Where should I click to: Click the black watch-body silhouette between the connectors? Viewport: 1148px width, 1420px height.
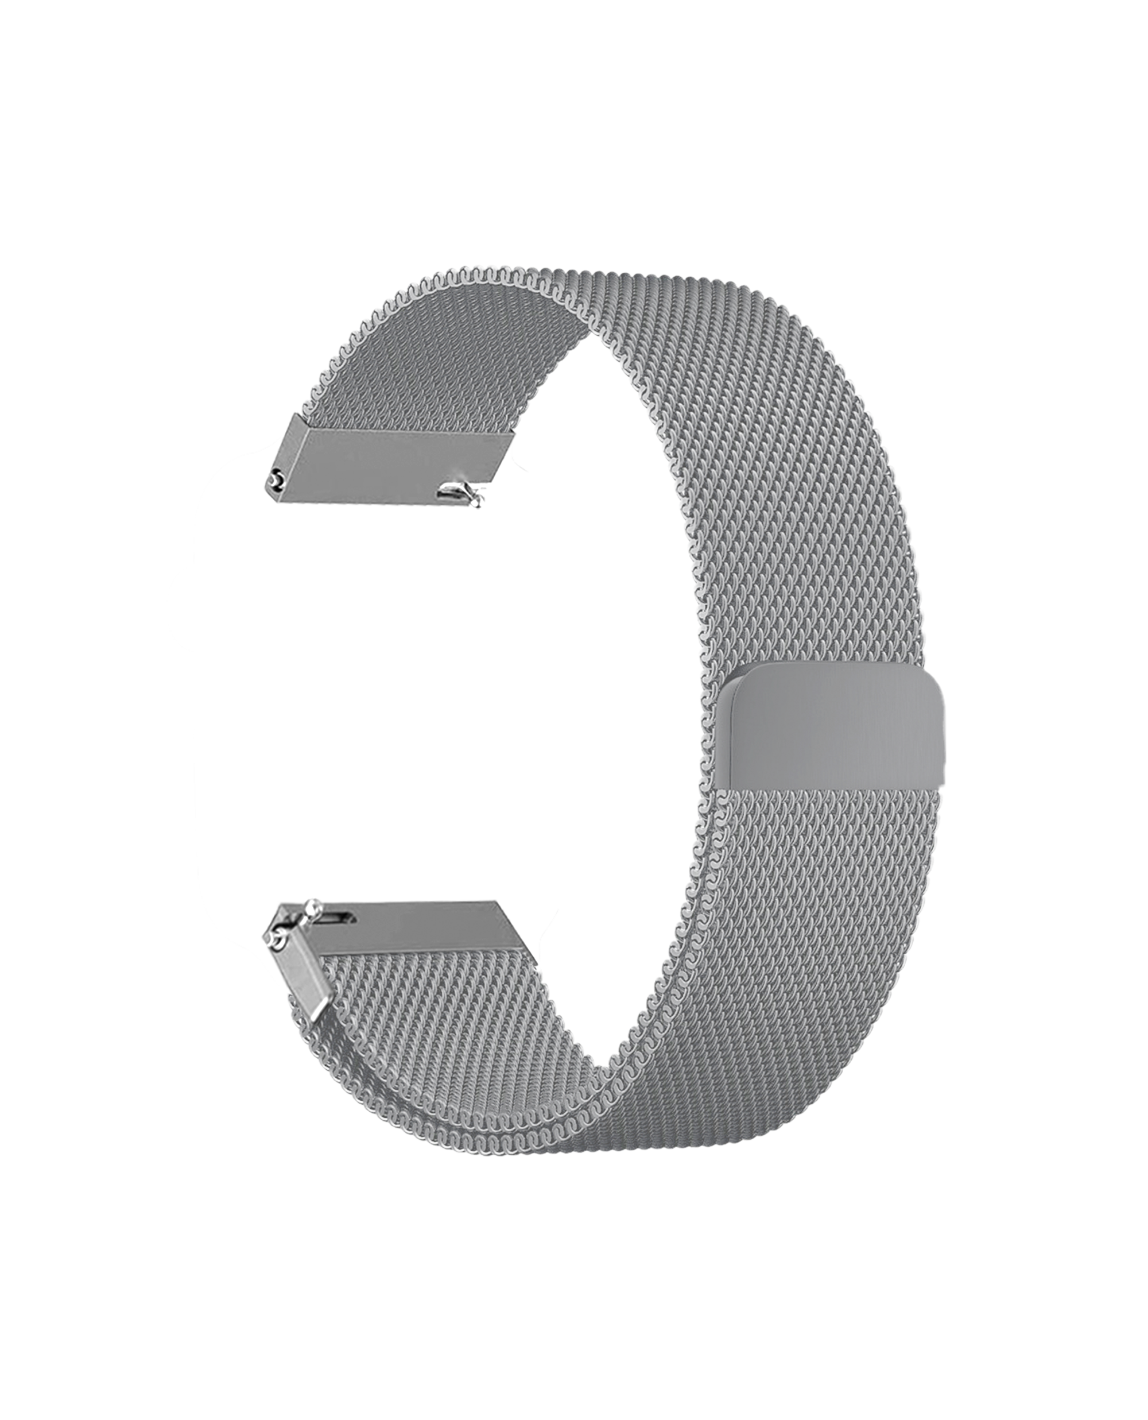[x=397, y=694]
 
